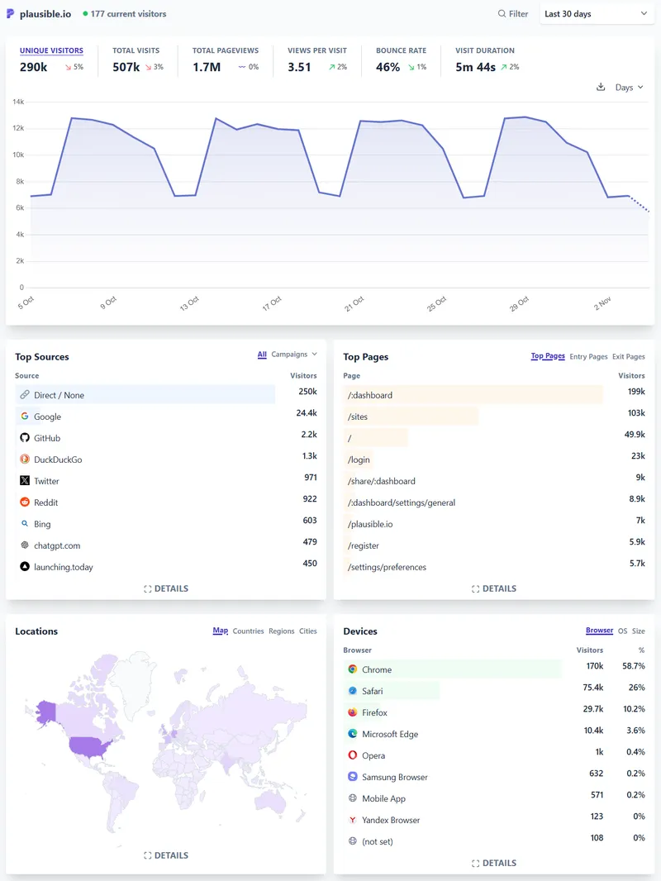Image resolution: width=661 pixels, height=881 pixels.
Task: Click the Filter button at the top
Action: tap(512, 14)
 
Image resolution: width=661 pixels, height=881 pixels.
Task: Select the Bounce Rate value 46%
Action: tap(388, 67)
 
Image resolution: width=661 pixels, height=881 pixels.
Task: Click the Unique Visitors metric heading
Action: tap(51, 50)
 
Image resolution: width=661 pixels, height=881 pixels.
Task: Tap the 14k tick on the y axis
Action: tap(18, 102)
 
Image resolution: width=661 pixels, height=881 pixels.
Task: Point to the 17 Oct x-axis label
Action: tap(272, 303)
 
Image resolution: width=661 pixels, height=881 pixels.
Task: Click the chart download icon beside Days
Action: tap(601, 87)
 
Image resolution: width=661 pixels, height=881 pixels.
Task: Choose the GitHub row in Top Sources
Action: tap(47, 438)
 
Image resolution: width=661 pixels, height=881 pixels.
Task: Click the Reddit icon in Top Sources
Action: tap(25, 502)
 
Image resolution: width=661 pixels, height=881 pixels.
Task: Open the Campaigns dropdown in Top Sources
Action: tap(294, 355)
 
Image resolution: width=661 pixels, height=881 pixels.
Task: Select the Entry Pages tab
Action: tap(588, 357)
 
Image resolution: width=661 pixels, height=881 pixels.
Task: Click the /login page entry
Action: tap(359, 460)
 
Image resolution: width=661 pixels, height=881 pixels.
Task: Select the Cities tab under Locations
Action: tap(308, 631)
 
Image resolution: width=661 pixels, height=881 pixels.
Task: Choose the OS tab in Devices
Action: tap(622, 631)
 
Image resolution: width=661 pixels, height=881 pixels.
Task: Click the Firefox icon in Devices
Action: tap(353, 712)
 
